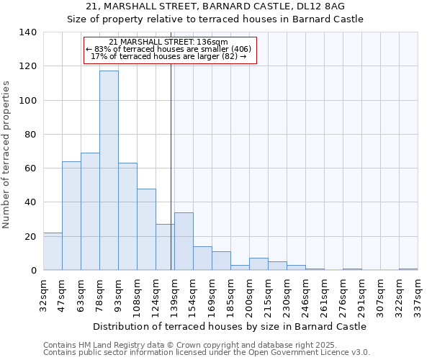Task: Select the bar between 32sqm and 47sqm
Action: [x=53, y=251]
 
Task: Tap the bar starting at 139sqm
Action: [x=184, y=241]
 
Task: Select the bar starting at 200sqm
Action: [x=258, y=264]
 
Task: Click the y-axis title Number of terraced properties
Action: [x=7, y=154]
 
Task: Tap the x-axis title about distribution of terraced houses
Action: [x=230, y=326]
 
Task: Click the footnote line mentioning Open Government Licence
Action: [x=207, y=353]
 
